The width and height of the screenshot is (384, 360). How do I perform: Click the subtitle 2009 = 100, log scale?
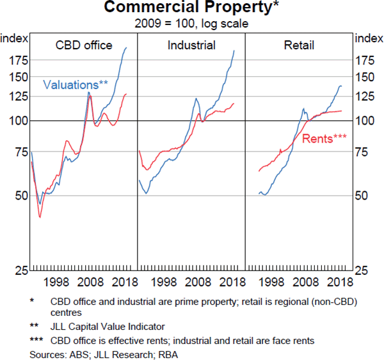(x=191, y=24)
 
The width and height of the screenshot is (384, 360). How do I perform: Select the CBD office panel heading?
(x=84, y=45)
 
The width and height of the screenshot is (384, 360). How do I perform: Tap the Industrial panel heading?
(x=191, y=45)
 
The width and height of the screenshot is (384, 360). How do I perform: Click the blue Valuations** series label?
(x=76, y=84)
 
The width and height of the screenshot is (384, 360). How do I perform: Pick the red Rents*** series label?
(x=324, y=138)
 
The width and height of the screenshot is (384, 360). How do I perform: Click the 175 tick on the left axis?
(x=17, y=61)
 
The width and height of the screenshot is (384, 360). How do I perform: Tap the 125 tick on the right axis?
(x=366, y=97)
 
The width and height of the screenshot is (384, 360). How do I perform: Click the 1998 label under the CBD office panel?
(x=57, y=283)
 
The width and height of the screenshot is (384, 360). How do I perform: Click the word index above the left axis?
(x=14, y=38)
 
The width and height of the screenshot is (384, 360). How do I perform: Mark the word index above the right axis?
(x=369, y=38)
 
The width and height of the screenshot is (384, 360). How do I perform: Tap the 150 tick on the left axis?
(x=17, y=77)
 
